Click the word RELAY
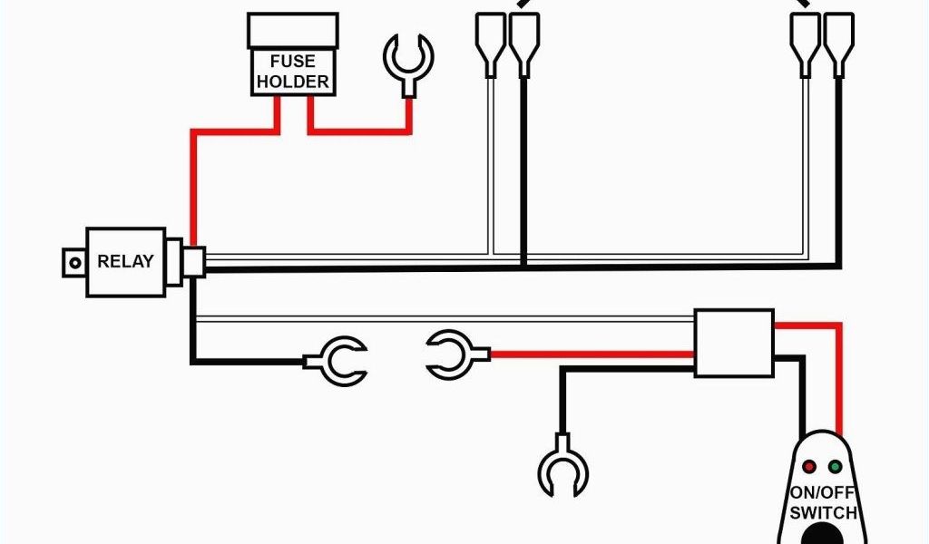(125, 262)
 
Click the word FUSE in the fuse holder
(292, 62)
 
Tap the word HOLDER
(292, 82)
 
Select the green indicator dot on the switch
(836, 467)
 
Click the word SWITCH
(821, 513)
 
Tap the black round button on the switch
(821, 535)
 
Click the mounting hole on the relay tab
(71, 262)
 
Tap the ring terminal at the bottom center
(563, 470)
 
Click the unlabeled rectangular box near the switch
(734, 343)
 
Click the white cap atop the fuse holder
(292, 31)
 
